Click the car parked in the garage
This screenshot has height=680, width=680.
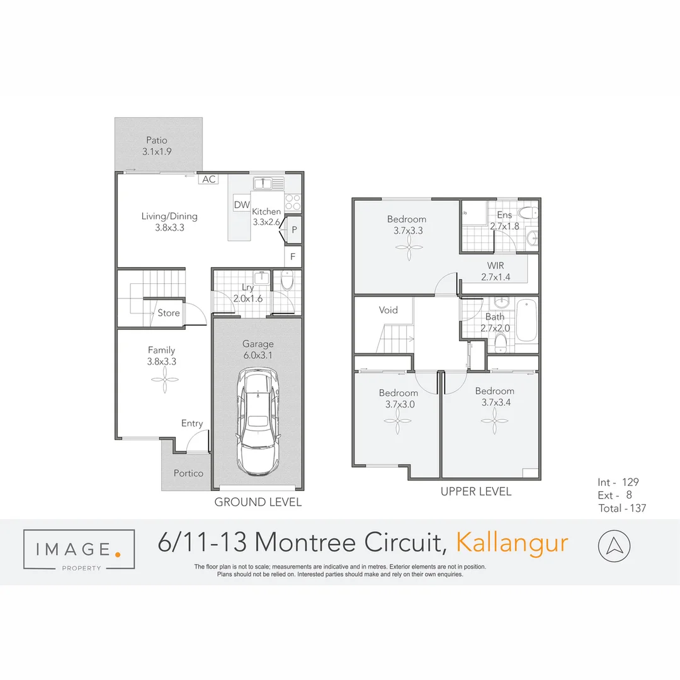(x=258, y=422)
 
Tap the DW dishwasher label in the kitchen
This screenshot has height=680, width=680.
(x=242, y=205)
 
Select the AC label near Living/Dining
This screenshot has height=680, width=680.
(x=209, y=179)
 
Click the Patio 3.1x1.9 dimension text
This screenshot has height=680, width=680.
(x=157, y=152)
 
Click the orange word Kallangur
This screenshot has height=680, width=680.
(x=512, y=543)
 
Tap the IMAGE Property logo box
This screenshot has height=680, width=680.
(x=79, y=549)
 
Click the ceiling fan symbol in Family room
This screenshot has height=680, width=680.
(x=162, y=380)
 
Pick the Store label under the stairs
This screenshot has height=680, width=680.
(x=169, y=313)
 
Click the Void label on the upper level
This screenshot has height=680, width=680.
(x=388, y=310)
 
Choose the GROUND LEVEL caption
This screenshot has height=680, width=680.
(x=258, y=502)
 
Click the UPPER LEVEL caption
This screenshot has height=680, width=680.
(x=476, y=491)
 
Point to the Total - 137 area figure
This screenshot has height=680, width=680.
(x=622, y=508)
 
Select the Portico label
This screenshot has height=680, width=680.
(x=188, y=473)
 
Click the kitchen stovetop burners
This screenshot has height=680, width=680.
(x=293, y=201)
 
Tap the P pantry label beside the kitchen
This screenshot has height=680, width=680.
(x=294, y=230)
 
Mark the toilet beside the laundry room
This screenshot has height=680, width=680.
(x=286, y=281)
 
